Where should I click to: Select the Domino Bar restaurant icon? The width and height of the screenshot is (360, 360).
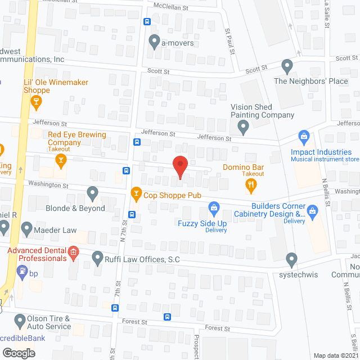point(253,183)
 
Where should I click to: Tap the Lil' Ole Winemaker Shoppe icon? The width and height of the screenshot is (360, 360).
point(37,101)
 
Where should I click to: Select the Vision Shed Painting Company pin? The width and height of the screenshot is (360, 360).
point(243,128)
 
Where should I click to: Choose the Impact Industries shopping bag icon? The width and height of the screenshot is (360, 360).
point(304,137)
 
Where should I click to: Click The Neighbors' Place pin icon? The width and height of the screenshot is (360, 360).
point(287,66)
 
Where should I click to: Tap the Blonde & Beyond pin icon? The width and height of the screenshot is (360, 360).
point(93,194)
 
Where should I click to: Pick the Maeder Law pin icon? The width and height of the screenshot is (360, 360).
point(26,229)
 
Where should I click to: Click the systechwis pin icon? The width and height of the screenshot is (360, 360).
point(291,259)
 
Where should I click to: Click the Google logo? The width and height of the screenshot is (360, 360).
point(18,353)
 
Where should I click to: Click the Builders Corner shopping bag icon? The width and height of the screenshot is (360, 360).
point(313,212)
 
